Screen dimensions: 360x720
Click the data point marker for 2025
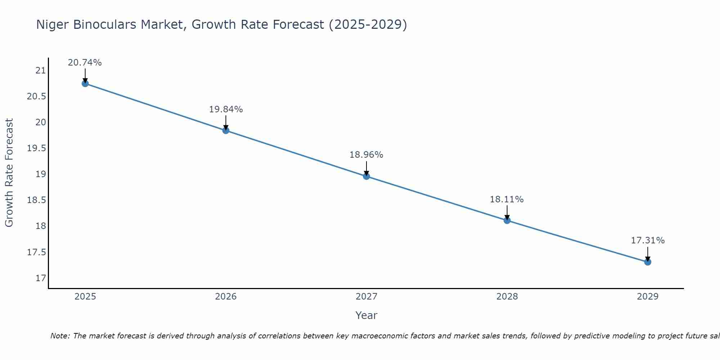85,84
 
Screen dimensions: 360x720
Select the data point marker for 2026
226,130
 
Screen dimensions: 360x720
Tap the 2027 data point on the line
366,176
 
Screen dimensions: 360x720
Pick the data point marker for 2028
507,220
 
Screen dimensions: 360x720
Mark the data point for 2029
648,262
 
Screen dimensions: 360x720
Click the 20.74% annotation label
85,63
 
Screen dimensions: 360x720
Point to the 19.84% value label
226,109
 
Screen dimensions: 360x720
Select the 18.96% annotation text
366,155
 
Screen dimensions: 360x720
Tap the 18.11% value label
507,199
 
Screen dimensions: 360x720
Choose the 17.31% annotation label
648,240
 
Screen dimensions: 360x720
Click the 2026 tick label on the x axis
226,297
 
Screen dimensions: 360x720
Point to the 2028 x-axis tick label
507,297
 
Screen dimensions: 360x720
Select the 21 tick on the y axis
41,71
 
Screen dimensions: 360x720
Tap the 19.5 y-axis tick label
37,148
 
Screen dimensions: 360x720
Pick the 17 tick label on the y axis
41,278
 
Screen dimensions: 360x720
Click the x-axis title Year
366,316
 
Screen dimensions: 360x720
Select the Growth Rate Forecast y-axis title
9,173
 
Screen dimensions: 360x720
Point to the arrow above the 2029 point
648,254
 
